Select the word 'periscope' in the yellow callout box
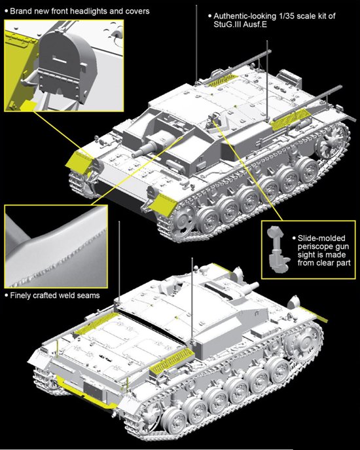coord(314,246)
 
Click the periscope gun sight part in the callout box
coord(277,249)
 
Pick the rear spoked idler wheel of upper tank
coord(330,141)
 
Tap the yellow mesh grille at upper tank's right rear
coord(291,119)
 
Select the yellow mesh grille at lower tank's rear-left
coord(97,324)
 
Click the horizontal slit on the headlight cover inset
coord(60,60)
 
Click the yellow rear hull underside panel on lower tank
coord(86,393)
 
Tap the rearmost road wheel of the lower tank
coord(173,421)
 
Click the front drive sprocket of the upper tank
coord(183,220)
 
